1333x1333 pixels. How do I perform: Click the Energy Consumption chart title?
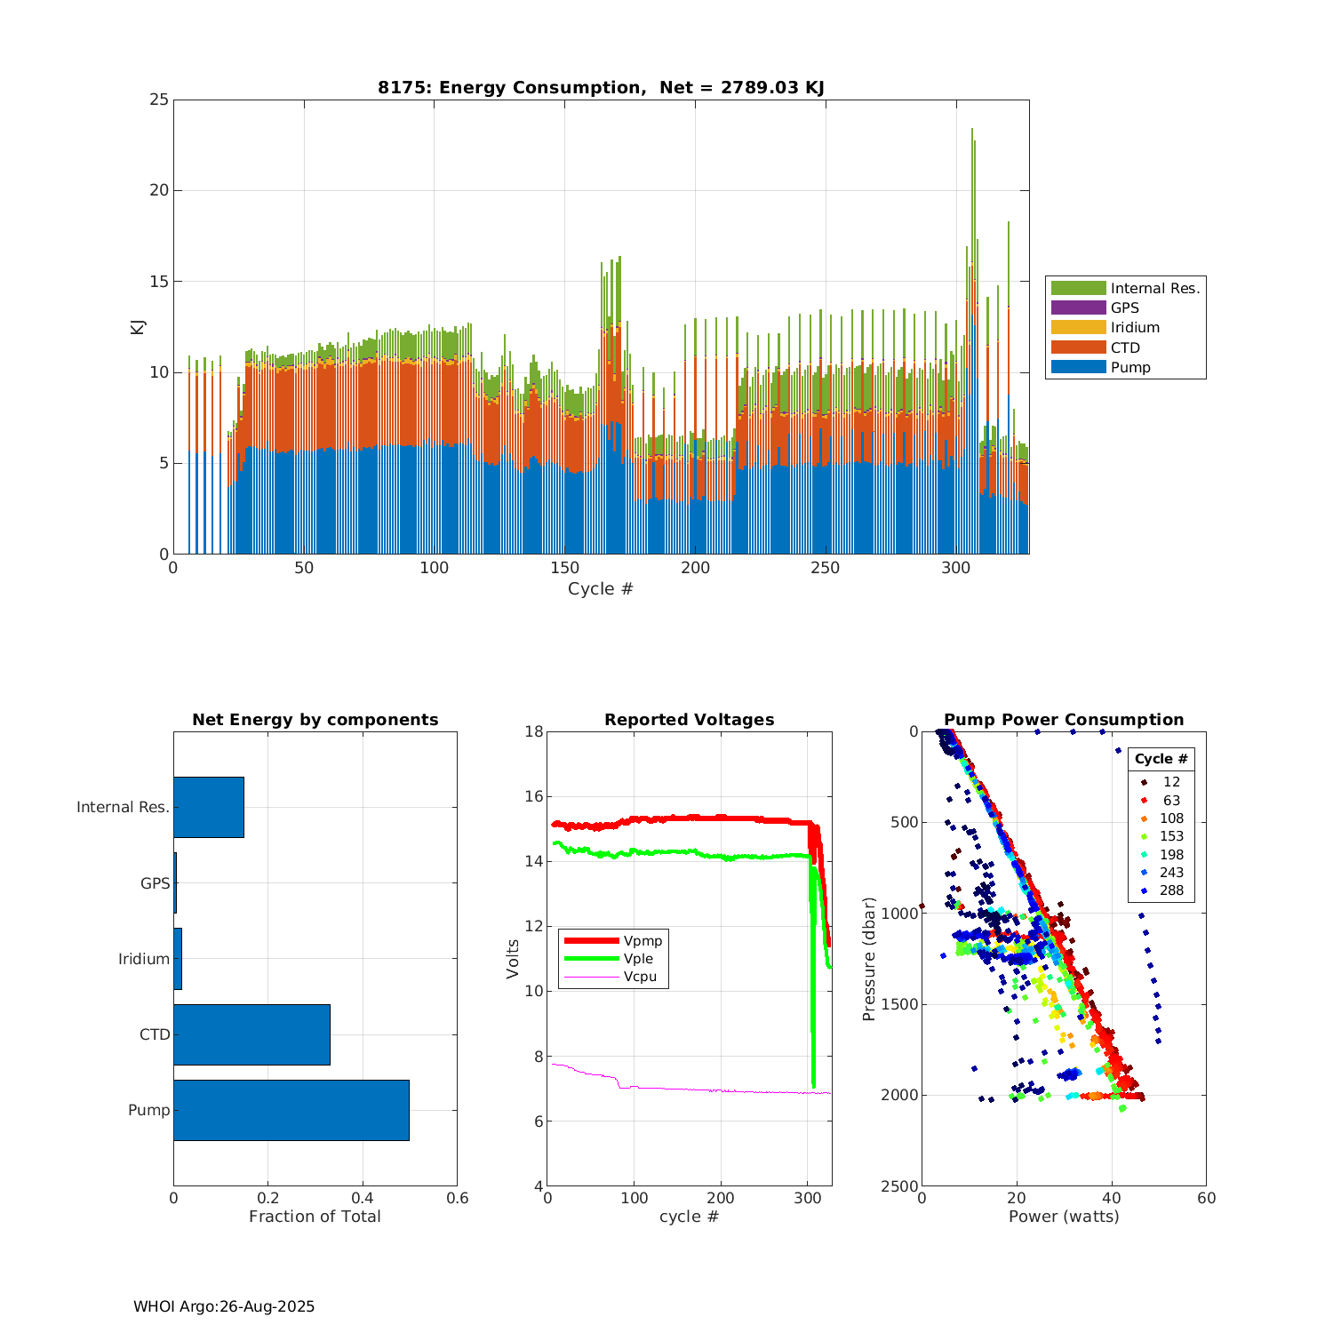601,87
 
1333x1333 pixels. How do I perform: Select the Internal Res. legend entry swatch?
1078,288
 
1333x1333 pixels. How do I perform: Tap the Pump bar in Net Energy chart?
291,1110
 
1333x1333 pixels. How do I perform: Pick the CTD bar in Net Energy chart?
251,1034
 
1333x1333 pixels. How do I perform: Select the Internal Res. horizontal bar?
209,807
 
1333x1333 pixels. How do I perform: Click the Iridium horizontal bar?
178,959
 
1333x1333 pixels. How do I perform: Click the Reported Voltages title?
689,720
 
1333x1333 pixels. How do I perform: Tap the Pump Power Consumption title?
1064,720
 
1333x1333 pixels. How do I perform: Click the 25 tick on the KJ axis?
159,100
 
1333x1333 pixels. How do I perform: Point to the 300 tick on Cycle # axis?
956,569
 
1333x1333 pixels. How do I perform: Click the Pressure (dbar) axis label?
869,958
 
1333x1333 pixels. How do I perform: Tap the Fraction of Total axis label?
315,1217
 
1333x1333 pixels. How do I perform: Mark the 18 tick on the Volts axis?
533,731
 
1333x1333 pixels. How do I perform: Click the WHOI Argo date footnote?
224,1306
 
